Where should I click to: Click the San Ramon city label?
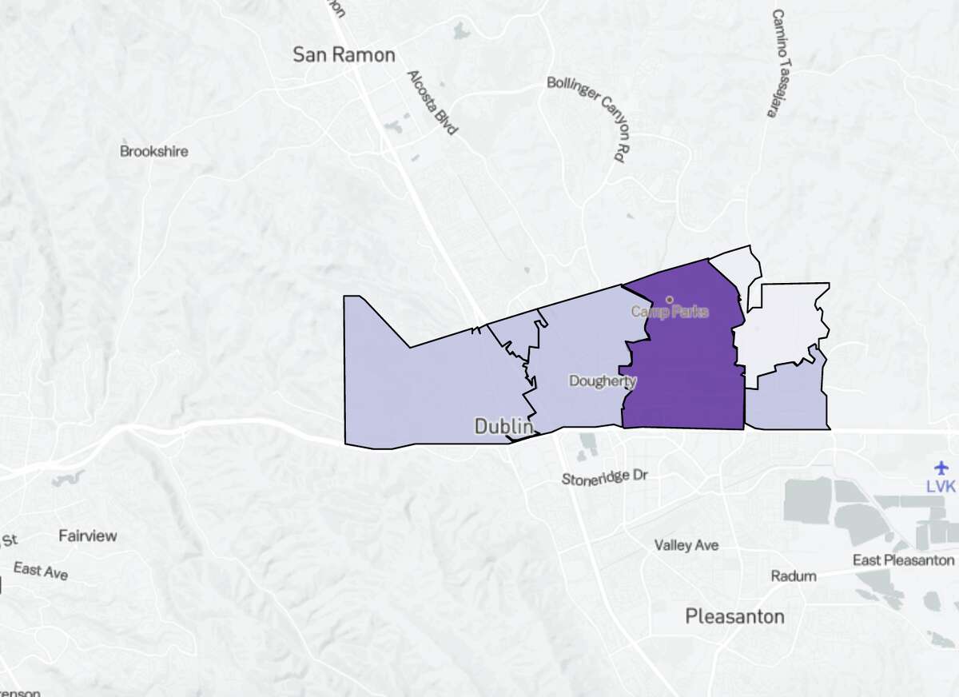[x=344, y=55]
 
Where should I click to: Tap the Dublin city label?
[x=503, y=426]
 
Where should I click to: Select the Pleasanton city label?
[x=734, y=616]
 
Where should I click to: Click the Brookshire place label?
[x=154, y=151]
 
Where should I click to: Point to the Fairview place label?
[x=88, y=536]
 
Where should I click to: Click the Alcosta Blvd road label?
[x=432, y=102]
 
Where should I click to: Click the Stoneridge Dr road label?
[x=604, y=477]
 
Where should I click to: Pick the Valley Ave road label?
[x=686, y=545]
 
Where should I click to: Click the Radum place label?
[x=794, y=576]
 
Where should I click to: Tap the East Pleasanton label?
[x=903, y=560]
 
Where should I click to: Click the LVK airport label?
[x=941, y=485]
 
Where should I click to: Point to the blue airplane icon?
[x=941, y=467]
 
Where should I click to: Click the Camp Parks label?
[x=670, y=312]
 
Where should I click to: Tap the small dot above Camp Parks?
[x=669, y=300]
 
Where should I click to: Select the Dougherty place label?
[x=603, y=381]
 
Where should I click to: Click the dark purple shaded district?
[x=683, y=376]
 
